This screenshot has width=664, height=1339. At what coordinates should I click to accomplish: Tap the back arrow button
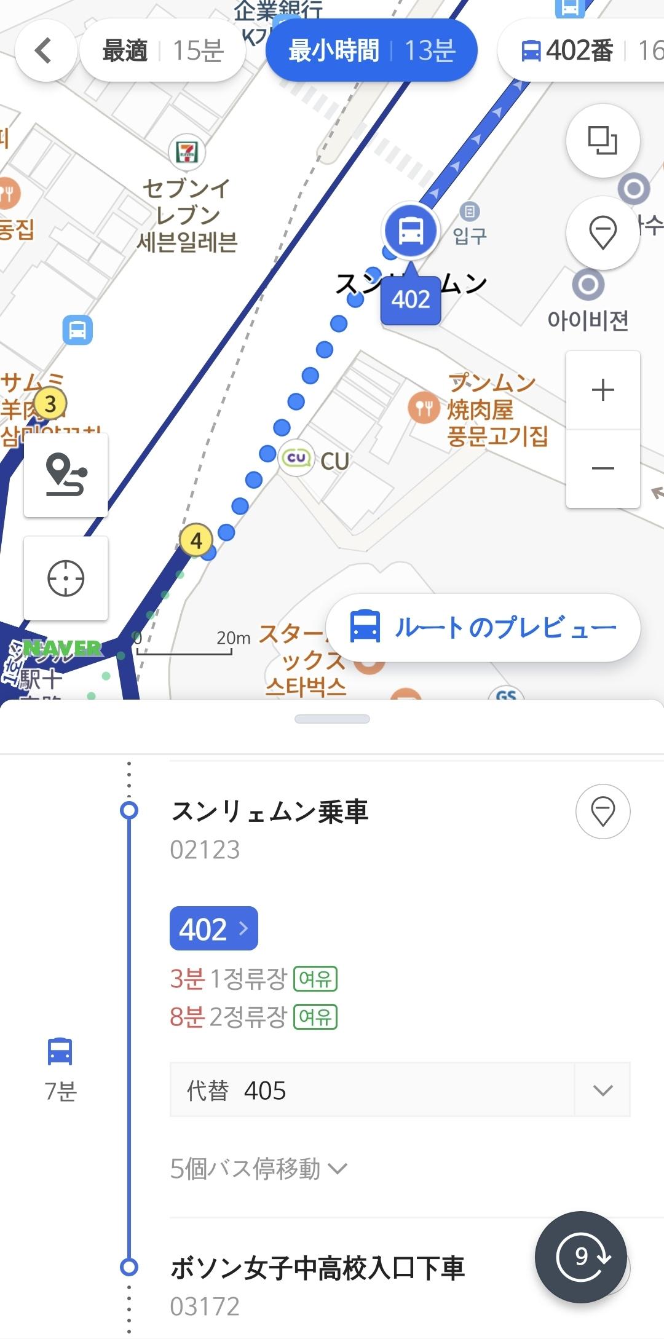pos(44,50)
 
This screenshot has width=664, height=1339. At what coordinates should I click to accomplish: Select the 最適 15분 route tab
pos(163,50)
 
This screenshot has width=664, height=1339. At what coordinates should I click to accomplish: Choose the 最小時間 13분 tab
pos(371,50)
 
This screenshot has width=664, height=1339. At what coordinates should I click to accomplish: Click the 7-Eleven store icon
pos(187,151)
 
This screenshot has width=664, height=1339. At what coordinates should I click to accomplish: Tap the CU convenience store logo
pos(296,459)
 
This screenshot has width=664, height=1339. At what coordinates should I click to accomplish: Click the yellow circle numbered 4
pos(196,540)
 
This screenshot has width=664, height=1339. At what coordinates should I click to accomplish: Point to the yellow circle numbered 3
pos(50,404)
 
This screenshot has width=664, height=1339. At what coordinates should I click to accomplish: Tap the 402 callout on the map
pos(411,300)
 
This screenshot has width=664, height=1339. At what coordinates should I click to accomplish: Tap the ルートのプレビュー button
pos(483,628)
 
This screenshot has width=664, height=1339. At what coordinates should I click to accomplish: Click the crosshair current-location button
pos(66,579)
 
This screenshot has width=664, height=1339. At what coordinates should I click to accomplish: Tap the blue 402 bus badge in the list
pos(213,928)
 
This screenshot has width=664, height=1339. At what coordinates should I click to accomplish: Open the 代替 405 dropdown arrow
pos(603,1090)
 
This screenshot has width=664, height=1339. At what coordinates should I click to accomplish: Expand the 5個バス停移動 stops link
pos(259,1168)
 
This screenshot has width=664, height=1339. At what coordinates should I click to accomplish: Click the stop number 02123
pos(205,850)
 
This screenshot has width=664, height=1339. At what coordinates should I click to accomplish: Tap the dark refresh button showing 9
pos(581,1257)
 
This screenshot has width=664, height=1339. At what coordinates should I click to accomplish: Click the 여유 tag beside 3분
pos(315,978)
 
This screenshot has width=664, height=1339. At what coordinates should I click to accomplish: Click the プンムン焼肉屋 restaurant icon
pos(424,408)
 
